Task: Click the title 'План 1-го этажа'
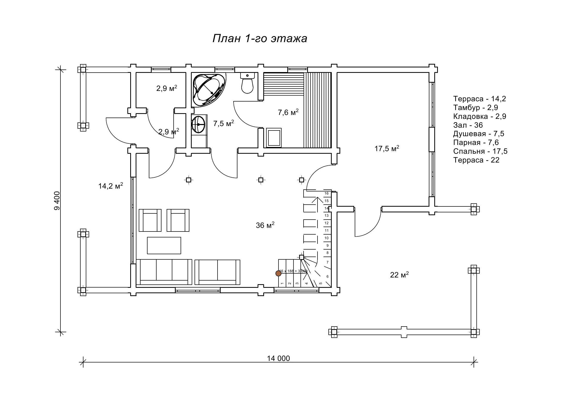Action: (x=260, y=39)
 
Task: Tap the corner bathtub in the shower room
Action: (x=209, y=90)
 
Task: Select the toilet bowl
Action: (x=247, y=83)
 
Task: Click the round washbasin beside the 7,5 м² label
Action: (x=198, y=125)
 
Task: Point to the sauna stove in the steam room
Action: (x=274, y=137)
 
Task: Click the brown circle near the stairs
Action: (x=278, y=273)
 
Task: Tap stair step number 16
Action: (x=327, y=193)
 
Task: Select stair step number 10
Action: (x=327, y=238)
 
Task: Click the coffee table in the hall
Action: (x=164, y=245)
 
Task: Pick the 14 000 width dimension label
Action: (x=278, y=358)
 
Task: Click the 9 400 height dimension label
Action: (x=57, y=201)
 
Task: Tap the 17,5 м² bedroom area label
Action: (x=387, y=148)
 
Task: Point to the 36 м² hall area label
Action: (x=265, y=225)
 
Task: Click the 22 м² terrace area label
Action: (x=399, y=274)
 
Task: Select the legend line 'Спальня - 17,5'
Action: (x=480, y=151)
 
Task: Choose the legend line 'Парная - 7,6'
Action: (x=476, y=142)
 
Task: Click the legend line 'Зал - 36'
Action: (x=468, y=125)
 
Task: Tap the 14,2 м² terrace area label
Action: (x=111, y=186)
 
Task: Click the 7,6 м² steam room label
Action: (x=288, y=112)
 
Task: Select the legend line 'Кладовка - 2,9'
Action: (x=480, y=116)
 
